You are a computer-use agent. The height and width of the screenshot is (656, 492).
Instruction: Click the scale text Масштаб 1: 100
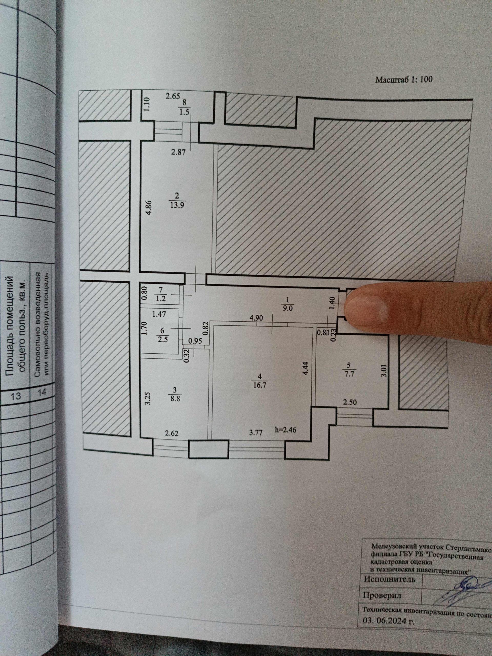pyautogui.click(x=404, y=80)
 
